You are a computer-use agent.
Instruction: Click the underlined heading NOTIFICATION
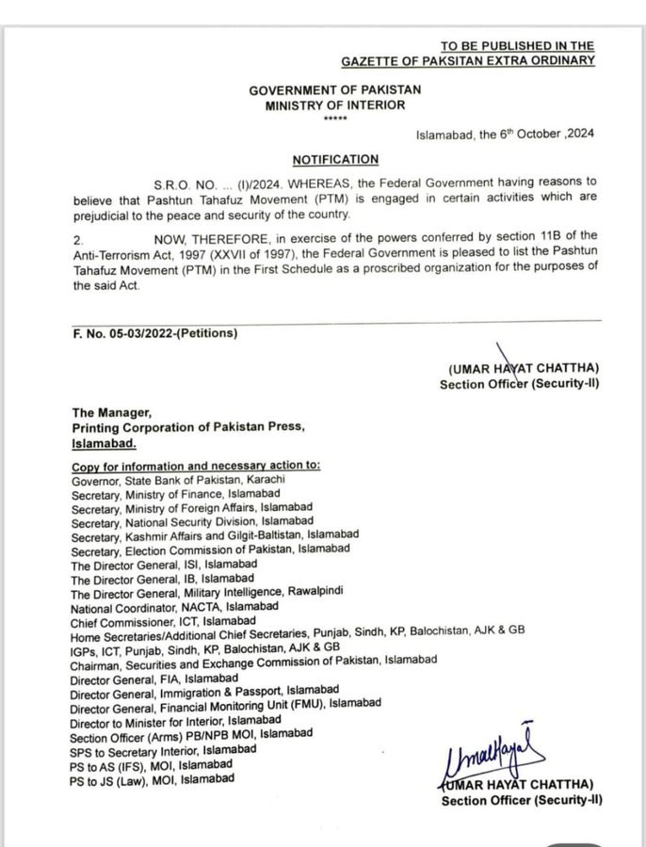(335, 160)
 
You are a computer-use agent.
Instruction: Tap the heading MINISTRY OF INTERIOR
(335, 105)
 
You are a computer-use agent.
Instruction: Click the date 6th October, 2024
(505, 134)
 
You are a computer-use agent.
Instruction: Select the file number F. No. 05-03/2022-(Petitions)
(155, 333)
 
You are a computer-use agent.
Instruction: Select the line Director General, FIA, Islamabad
(154, 679)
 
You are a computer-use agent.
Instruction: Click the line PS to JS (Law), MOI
(152, 779)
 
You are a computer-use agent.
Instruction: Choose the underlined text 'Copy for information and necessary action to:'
(196, 466)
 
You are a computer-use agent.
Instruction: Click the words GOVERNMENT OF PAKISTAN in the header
(335, 89)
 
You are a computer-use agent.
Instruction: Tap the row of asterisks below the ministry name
(334, 119)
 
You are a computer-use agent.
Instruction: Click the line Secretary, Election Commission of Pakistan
(210, 549)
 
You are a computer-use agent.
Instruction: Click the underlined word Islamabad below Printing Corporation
(105, 442)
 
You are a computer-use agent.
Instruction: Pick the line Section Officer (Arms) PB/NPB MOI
(192, 734)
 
